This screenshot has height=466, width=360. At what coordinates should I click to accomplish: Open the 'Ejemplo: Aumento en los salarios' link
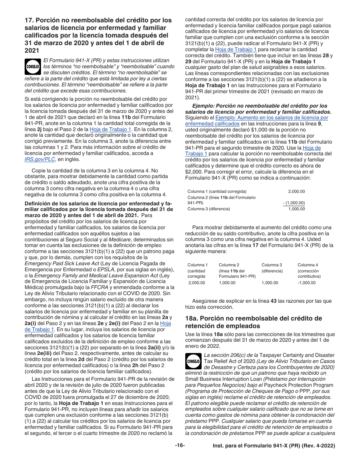271,118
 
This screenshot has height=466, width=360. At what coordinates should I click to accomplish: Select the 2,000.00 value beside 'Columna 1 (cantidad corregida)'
296,191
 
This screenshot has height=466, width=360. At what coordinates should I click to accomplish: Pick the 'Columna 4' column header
308,265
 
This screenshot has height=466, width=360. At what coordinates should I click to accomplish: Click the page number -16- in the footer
180,446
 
